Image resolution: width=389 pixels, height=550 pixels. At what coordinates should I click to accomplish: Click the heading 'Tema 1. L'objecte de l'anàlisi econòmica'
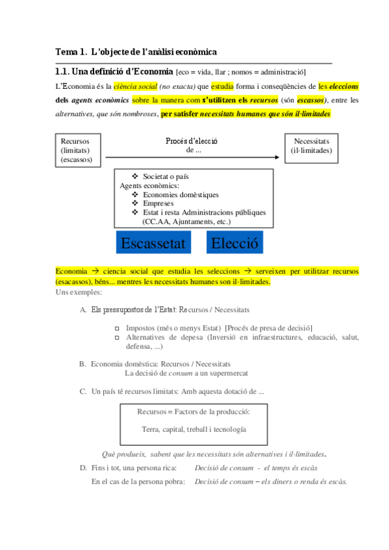tap(136, 51)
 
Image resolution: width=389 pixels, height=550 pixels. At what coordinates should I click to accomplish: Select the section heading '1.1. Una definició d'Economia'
tap(114, 71)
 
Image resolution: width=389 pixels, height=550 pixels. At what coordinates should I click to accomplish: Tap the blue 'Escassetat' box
tap(153, 244)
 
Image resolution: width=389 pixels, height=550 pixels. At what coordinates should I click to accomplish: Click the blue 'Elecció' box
tap(234, 244)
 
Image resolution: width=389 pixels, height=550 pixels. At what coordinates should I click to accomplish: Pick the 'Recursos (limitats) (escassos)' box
tap(76, 150)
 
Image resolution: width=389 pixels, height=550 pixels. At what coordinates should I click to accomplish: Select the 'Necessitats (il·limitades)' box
tap(312, 146)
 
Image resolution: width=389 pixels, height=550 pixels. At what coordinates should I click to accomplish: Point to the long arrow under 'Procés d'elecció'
tap(192, 157)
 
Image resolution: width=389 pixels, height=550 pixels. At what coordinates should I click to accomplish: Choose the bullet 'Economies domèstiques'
tap(181, 195)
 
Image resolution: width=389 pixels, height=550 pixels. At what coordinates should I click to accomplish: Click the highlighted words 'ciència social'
tap(135, 86)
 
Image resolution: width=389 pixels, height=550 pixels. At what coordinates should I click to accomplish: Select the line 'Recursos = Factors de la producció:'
tap(194, 412)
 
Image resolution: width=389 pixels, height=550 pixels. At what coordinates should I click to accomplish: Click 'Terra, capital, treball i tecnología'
tap(194, 429)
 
